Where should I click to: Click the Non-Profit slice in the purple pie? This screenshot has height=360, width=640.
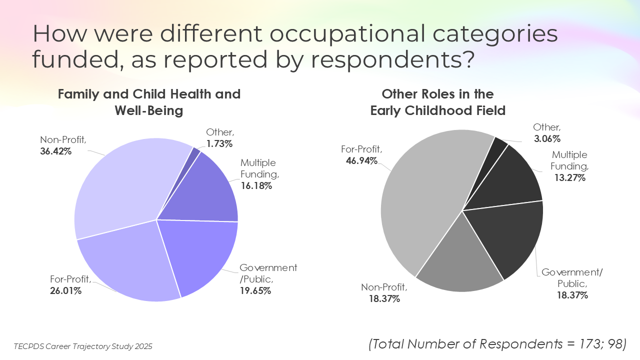click(123, 188)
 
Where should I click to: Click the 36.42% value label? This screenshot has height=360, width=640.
click(55, 151)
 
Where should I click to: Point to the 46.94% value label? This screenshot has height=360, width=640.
click(361, 160)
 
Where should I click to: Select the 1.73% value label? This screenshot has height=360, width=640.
click(219, 143)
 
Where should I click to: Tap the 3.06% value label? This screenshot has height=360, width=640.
click(547, 138)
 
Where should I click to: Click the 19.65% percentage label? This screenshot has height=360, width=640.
click(255, 290)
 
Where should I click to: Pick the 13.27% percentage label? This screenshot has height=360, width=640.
click(570, 177)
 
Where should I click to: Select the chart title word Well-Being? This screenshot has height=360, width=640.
click(149, 110)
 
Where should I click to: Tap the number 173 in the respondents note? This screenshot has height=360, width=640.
click(591, 344)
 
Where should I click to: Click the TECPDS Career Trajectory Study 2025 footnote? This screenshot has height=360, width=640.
click(83, 346)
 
